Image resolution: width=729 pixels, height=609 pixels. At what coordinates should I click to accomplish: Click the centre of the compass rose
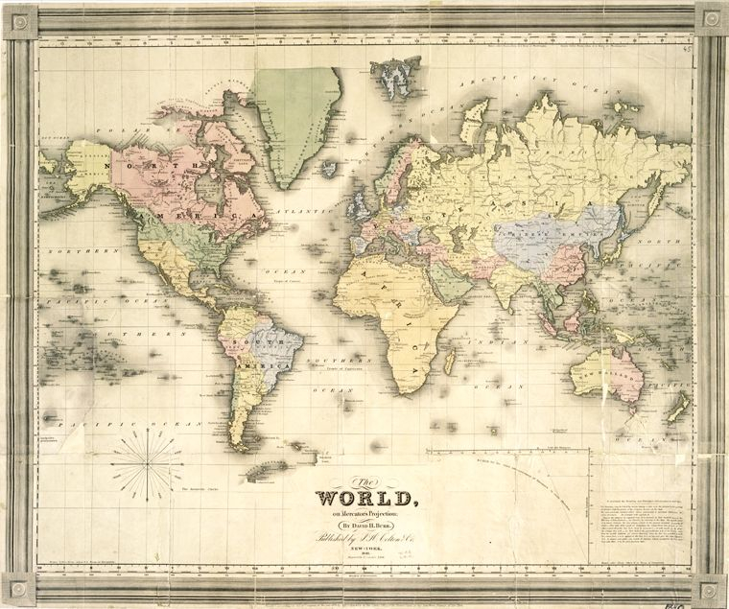150,464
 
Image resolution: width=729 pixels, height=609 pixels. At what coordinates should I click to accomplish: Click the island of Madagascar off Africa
448,361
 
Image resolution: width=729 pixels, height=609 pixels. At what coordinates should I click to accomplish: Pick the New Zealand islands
678,408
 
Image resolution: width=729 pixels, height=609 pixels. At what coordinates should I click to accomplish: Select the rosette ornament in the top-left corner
19,20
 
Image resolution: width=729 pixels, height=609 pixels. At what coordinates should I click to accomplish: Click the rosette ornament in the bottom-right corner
711,589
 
